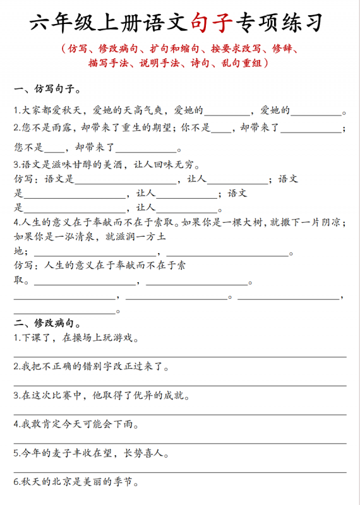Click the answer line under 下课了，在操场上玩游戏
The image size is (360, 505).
coord(180,357)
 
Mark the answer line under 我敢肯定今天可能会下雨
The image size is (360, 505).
coord(180,443)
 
